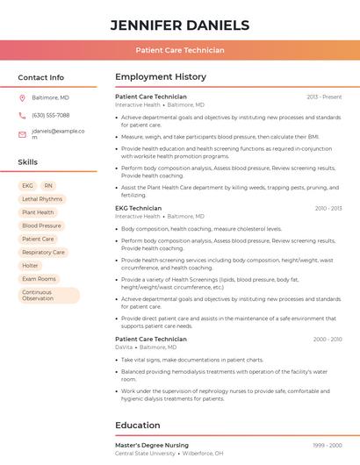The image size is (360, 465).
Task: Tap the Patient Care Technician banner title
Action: [x=179, y=50]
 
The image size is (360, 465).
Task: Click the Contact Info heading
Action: [x=41, y=77]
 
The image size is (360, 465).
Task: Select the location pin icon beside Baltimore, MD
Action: [x=22, y=97]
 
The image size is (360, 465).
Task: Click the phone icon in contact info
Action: [x=22, y=115]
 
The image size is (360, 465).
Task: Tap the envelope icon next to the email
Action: [x=22, y=134]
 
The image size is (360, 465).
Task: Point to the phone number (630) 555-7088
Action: [x=50, y=115]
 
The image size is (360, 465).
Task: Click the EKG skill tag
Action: [x=27, y=186]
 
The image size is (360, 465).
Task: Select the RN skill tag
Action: [x=48, y=186]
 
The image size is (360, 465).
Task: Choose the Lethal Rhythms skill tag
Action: [x=42, y=199]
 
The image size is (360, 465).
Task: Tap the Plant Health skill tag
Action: [x=38, y=212]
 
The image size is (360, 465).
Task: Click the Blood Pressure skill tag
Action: [x=41, y=225]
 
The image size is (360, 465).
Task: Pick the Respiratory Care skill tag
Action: [x=43, y=252]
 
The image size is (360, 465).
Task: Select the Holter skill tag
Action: [x=30, y=265]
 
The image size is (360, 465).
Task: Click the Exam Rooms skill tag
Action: [x=39, y=279]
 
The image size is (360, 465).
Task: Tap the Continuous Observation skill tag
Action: [x=47, y=296]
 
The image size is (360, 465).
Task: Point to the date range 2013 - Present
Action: [x=324, y=97]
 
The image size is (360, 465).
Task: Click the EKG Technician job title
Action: [x=139, y=208]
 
